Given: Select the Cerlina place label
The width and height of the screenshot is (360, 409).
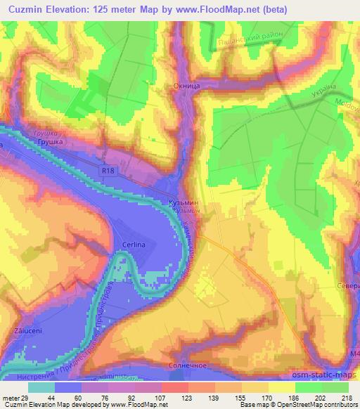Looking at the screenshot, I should [x=133, y=243].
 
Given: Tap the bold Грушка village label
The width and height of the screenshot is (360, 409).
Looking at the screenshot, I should [x=51, y=142].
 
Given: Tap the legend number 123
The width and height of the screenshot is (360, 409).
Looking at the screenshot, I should [x=167, y=398].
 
